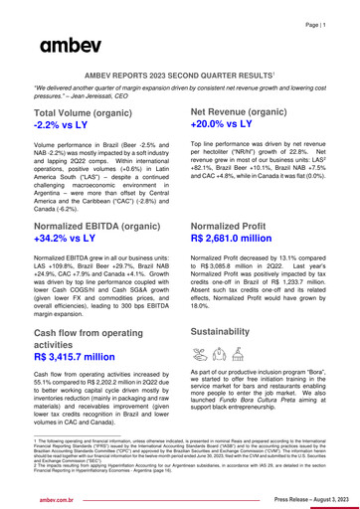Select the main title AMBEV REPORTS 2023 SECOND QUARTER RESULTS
coord(179,75)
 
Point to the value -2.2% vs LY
coord(71,128)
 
